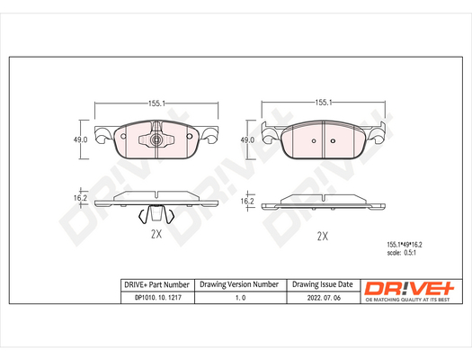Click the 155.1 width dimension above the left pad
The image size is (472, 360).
pyautogui.click(x=156, y=103)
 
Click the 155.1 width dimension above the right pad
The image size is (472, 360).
pyautogui.click(x=324, y=103)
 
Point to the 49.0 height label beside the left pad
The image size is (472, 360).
pyautogui.click(x=80, y=139)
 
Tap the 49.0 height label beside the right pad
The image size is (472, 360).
pyautogui.click(x=247, y=140)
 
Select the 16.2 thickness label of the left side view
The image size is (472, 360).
pyautogui.click(x=80, y=198)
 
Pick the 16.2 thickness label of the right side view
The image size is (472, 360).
pyautogui.click(x=247, y=202)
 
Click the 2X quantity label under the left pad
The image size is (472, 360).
pyautogui.click(x=156, y=234)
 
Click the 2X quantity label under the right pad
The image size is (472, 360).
pyautogui.click(x=323, y=236)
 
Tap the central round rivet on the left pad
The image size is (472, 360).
pyautogui.click(x=156, y=139)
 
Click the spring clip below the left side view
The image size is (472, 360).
pyautogui.click(x=156, y=214)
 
